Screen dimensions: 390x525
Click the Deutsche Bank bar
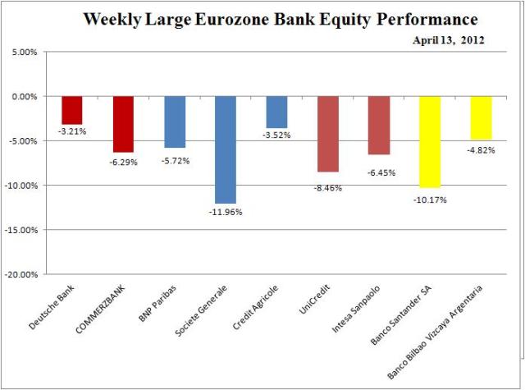(x=72, y=110)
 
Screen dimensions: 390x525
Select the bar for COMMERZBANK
(x=123, y=124)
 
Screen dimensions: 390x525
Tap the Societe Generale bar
(x=225, y=149)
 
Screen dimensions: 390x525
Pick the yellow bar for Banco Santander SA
(x=429, y=141)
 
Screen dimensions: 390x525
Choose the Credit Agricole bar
(x=276, y=112)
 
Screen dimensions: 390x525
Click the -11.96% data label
(x=226, y=211)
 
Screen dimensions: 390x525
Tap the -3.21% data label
(x=72, y=131)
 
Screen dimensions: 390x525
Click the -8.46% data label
(x=327, y=187)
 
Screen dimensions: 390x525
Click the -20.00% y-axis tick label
(x=29, y=274)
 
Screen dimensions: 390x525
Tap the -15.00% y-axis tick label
(x=29, y=230)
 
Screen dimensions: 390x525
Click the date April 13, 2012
(x=448, y=39)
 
